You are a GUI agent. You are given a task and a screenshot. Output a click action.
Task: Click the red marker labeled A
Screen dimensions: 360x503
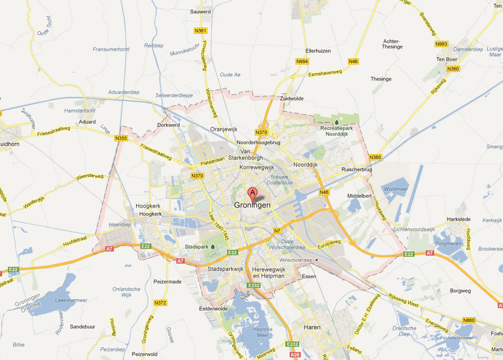(253, 193)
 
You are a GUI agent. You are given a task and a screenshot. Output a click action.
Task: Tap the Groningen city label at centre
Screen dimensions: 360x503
(253, 205)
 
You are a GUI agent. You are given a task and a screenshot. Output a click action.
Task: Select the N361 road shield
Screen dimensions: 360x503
(200, 31)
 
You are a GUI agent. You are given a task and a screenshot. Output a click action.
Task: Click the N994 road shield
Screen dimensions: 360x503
(302, 61)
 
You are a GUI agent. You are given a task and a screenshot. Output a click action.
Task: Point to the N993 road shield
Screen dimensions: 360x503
(441, 43)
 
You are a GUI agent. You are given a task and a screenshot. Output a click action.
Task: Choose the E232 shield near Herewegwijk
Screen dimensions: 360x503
(254, 285)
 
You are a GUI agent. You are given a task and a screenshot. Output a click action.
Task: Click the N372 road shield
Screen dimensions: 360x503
(160, 303)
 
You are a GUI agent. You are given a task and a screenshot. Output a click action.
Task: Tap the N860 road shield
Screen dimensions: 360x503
(469, 320)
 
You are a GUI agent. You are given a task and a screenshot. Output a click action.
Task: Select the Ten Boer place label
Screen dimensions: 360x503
(446, 59)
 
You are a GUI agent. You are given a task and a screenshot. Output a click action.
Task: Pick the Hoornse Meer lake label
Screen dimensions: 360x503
(263, 332)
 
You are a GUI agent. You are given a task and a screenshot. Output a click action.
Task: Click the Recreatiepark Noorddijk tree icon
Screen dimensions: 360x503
(337, 122)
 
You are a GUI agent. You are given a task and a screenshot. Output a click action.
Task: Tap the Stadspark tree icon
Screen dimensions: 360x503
(213, 247)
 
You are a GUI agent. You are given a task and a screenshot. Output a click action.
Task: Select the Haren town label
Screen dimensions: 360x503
(312, 327)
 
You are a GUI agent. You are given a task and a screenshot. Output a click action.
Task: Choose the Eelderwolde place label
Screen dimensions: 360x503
(213, 309)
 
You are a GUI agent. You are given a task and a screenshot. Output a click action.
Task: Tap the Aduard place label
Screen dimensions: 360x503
(87, 122)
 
